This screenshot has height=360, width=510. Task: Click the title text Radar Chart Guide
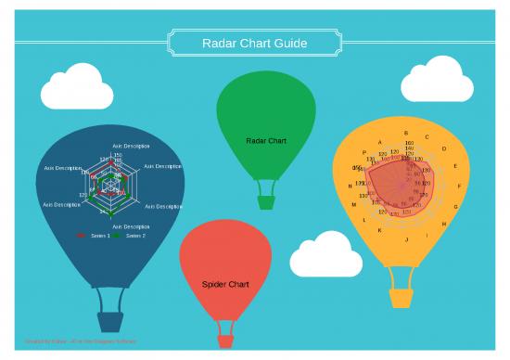(254, 43)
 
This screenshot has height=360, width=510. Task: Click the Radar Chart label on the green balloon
(266, 141)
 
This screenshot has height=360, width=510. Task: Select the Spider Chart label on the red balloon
(225, 284)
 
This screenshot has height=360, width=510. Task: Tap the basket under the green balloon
(266, 201)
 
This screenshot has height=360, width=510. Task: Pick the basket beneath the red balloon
(225, 341)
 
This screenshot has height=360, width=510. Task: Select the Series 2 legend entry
(135, 236)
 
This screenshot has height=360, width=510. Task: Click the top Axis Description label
(131, 147)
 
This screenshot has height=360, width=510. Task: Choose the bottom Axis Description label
(131, 226)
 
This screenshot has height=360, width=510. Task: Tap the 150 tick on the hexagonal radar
(118, 156)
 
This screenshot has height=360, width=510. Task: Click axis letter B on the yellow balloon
(406, 133)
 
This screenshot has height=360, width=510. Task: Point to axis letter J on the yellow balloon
(406, 238)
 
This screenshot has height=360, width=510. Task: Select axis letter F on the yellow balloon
(459, 186)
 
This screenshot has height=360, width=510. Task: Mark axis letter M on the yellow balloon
(353, 204)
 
